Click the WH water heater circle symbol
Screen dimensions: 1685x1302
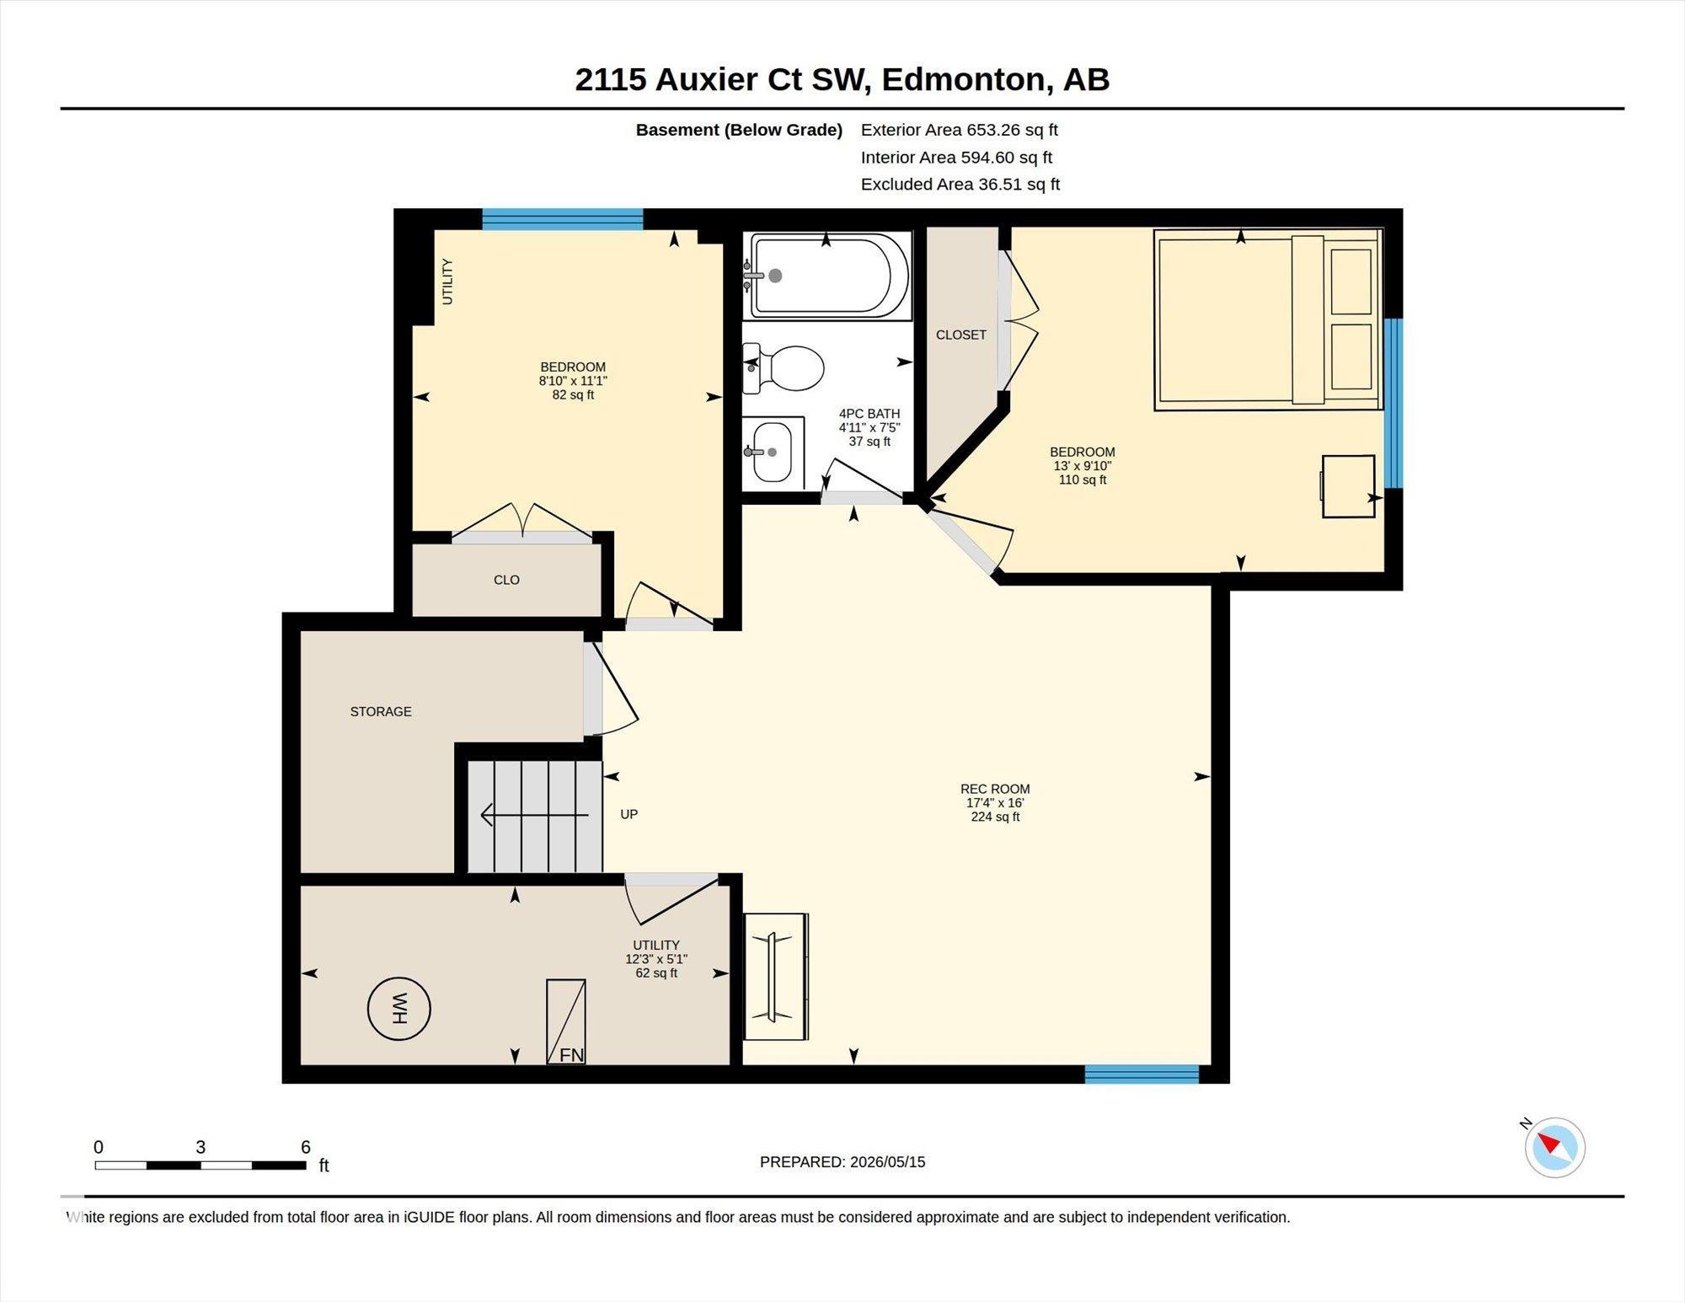click(399, 1009)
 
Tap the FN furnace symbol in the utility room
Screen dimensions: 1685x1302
click(566, 1021)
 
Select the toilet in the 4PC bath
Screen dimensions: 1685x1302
click(783, 368)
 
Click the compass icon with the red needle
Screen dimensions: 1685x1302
click(1554, 1147)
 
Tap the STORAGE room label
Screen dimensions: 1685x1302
click(381, 711)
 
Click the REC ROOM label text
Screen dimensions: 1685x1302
click(995, 789)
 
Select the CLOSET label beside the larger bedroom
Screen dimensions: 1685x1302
click(960, 335)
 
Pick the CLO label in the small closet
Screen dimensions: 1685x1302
click(506, 580)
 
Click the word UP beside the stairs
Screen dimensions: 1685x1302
click(629, 814)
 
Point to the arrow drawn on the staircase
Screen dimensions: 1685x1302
click(534, 815)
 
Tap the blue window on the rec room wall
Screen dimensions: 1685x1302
click(1142, 1074)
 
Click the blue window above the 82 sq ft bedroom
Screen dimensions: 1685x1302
click(562, 219)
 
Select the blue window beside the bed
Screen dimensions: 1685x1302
click(1393, 403)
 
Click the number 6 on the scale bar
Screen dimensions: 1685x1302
click(306, 1147)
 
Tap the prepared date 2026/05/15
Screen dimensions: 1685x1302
click(887, 1161)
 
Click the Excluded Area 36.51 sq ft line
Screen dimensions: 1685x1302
click(960, 184)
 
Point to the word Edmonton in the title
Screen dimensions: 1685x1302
click(962, 79)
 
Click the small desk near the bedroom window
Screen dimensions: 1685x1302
click(1347, 486)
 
